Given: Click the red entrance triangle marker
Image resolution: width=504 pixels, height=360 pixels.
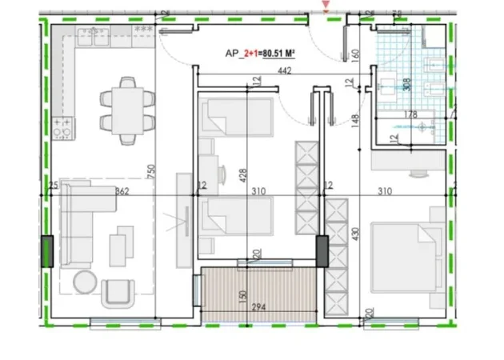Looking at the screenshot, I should [325, 7].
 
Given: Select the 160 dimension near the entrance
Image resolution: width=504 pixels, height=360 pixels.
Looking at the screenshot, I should [356, 59].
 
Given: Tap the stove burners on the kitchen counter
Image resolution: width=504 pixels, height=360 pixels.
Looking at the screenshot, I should [63, 126].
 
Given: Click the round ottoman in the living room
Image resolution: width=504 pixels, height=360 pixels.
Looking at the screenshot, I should [85, 281].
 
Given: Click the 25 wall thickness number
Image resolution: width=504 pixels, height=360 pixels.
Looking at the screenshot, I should [54, 187].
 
